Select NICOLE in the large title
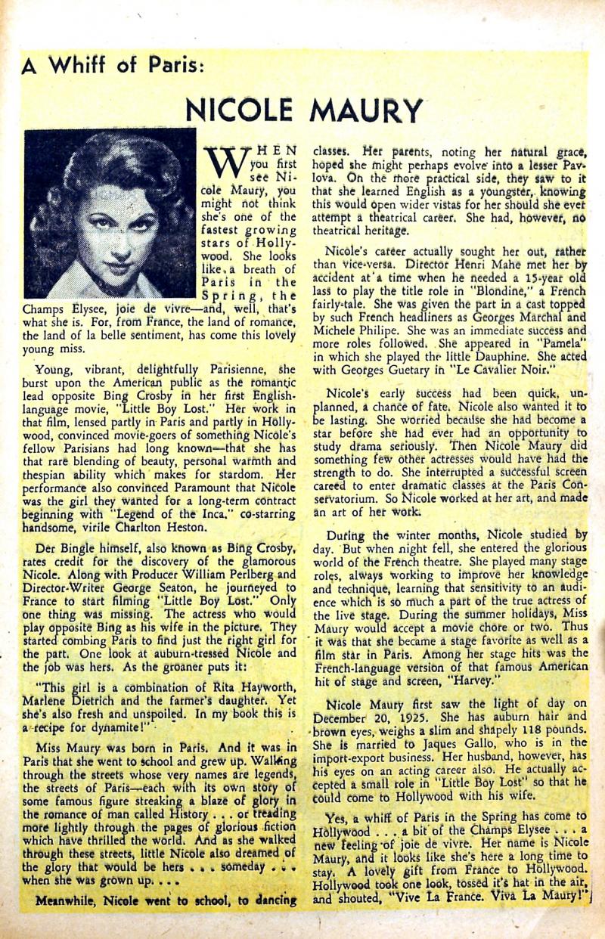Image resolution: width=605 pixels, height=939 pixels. coord(243,110)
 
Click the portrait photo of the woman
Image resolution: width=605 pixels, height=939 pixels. coord(110,213)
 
